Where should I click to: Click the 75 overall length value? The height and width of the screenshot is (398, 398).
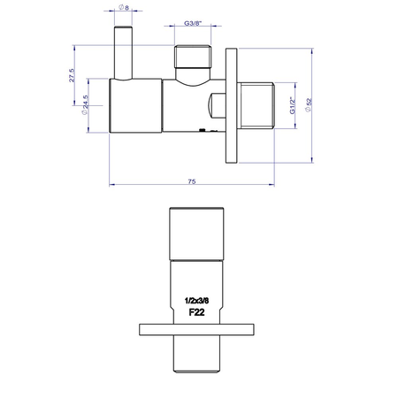click(x=191, y=180)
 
